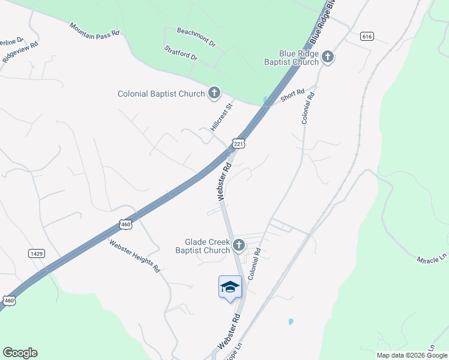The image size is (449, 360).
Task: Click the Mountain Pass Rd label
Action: click(x=94, y=36)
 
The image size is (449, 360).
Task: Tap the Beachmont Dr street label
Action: click(x=196, y=37)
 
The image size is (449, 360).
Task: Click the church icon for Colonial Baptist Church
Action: click(x=214, y=93)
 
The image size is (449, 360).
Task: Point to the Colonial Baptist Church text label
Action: click(x=161, y=94)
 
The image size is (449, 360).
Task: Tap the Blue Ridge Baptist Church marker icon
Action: click(x=328, y=57)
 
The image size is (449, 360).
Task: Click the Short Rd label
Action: click(x=293, y=94)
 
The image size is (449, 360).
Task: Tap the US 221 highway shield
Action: click(x=239, y=144)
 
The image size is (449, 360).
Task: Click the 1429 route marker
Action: click(x=36, y=254)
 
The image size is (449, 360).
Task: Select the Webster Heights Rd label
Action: click(x=134, y=256)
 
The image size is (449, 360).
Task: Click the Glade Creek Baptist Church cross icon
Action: click(x=239, y=245)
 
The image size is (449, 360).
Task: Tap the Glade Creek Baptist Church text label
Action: click(x=199, y=246)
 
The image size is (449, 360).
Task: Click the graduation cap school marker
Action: click(x=230, y=287)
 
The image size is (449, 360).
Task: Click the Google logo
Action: click(x=20, y=353)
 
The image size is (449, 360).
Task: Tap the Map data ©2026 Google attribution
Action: click(x=412, y=355)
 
